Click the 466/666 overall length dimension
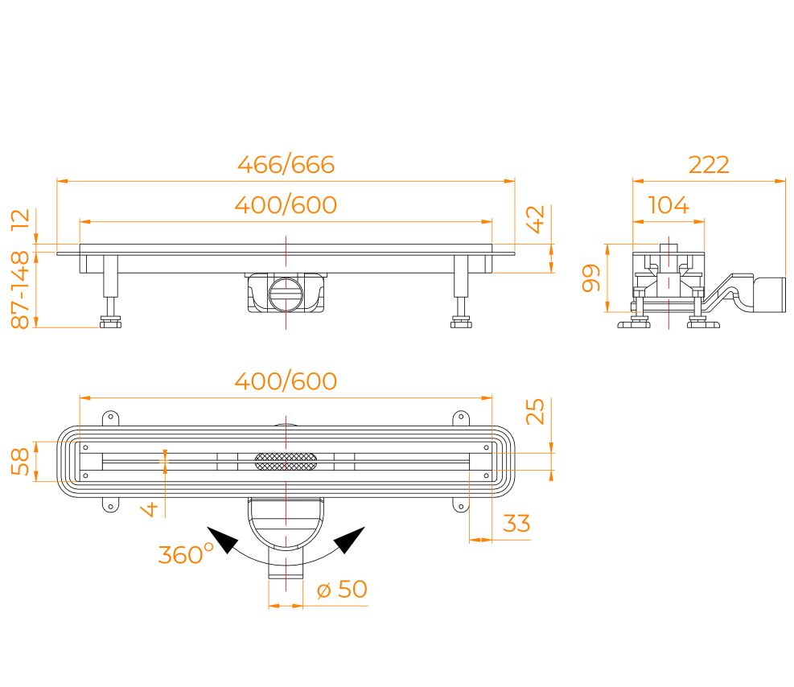[286, 165]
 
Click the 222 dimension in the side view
[709, 165]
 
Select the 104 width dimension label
[669, 205]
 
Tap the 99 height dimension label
[591, 278]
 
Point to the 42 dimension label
[535, 219]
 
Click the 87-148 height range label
[21, 290]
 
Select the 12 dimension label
[21, 219]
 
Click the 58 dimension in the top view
[21, 461]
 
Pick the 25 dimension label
[535, 412]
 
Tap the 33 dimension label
[516, 524]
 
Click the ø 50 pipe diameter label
[342, 589]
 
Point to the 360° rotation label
[186, 553]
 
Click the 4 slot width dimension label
[150, 509]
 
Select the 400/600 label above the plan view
[286, 381]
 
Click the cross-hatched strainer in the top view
[286, 461]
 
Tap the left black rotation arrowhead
[223, 540]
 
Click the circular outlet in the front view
[286, 294]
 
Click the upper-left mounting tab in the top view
[110, 418]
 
